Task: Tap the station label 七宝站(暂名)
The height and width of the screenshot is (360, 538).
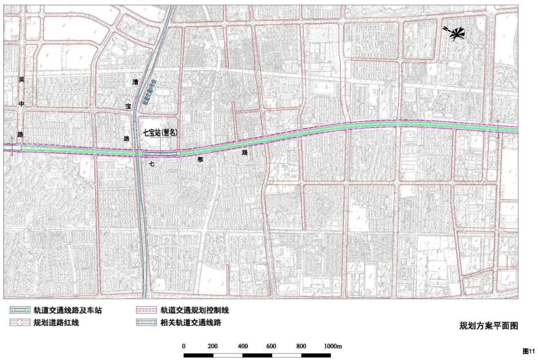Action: tap(160, 133)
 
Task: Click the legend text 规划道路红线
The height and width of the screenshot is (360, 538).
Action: tap(56, 323)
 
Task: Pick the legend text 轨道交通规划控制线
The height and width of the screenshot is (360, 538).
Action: tap(194, 310)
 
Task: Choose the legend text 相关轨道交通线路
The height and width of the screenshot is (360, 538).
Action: tap(190, 323)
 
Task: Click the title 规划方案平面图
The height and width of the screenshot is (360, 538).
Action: tap(489, 326)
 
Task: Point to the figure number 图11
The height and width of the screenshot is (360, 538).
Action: tap(529, 351)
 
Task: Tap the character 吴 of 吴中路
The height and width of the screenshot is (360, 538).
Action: tap(21, 80)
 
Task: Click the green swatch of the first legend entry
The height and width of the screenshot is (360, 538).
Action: tap(20, 310)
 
